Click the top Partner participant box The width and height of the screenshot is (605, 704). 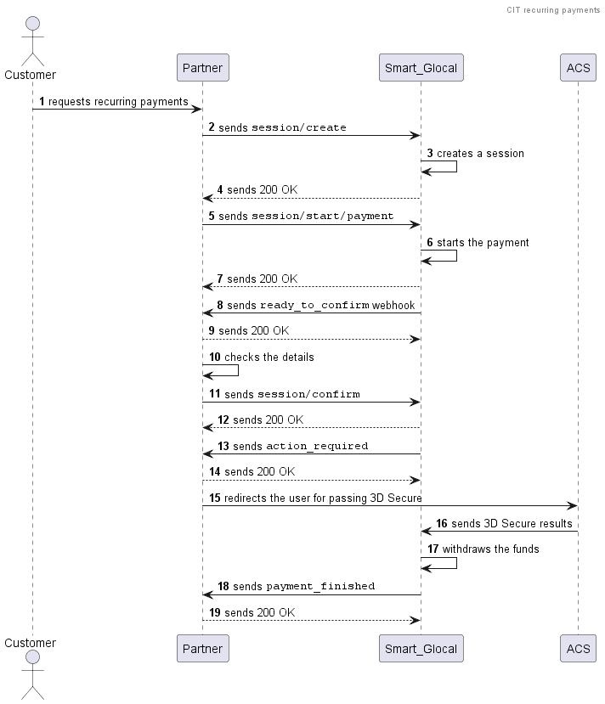click(202, 68)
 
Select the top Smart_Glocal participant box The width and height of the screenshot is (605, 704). click(421, 68)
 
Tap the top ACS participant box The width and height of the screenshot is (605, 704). click(578, 68)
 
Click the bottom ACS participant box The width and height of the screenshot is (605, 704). click(578, 648)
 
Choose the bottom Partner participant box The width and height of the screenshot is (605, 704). click(202, 648)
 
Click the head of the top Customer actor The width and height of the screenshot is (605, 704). click(33, 23)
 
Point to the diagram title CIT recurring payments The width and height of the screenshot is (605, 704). click(553, 10)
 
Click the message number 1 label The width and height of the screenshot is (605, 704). click(42, 101)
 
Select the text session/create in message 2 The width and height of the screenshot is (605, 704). click(299, 128)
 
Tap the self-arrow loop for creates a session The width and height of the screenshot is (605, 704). click(456, 166)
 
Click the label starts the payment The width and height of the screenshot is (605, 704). click(483, 243)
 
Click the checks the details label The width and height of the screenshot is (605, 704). click(269, 358)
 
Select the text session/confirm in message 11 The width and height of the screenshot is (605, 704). click(308, 395)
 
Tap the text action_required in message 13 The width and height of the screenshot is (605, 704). click(317, 447)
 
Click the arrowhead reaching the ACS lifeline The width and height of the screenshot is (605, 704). click(573, 506)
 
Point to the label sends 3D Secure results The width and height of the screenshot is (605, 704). click(512, 523)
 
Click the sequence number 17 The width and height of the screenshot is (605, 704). click(433, 549)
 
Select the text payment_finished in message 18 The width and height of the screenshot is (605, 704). click(320, 587)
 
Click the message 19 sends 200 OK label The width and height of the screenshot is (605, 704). click(260, 613)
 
